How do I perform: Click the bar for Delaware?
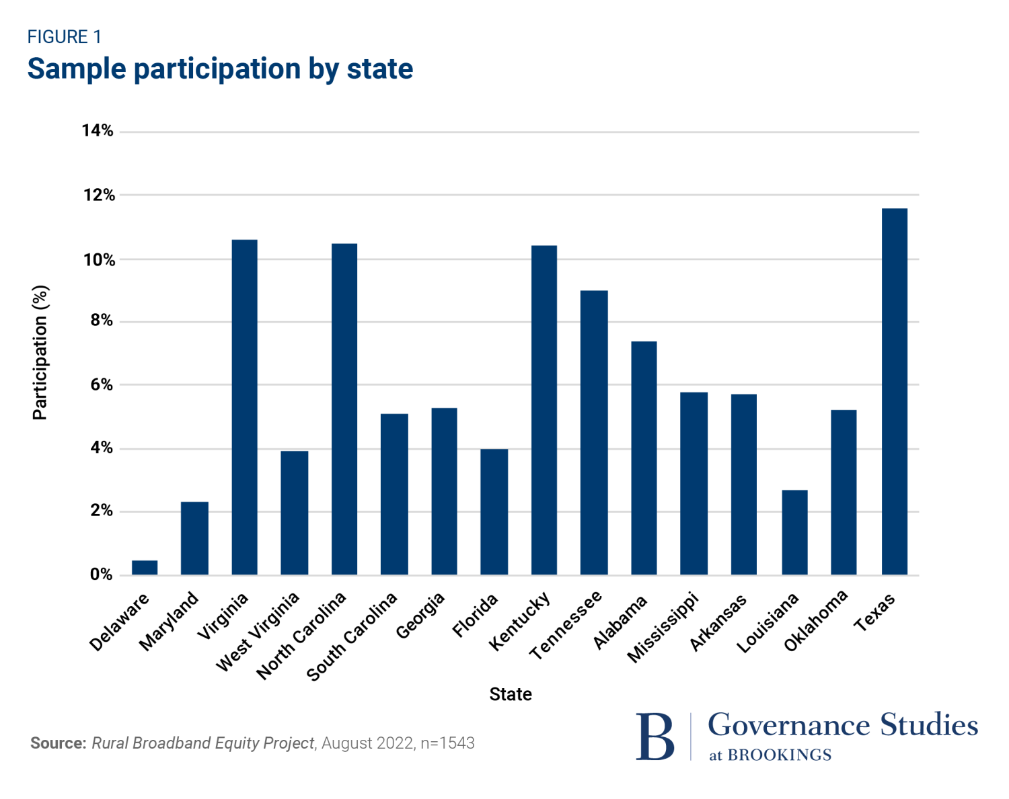145,568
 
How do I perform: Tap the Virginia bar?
244,407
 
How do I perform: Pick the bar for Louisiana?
794,532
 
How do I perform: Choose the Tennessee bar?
594,433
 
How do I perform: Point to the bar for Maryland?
194,538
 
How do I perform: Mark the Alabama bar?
644,458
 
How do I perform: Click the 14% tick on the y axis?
98,131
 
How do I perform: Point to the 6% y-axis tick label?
102,385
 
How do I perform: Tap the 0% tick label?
102,575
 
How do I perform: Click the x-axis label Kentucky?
520,621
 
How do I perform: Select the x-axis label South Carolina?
352,637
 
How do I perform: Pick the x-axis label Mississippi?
663,628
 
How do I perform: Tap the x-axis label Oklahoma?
815,622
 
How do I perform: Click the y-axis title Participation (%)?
40,353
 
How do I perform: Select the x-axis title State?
511,694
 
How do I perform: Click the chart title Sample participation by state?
220,69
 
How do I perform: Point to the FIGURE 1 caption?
64,37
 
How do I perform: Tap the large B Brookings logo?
655,737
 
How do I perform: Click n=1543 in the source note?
447,743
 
